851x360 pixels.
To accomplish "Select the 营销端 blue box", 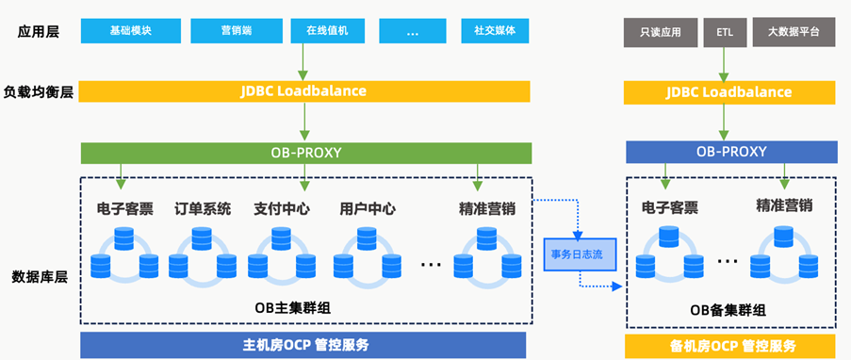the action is [x=237, y=31].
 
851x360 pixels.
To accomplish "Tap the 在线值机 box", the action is [x=327, y=31].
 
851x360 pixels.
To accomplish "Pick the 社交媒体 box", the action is [x=495, y=31].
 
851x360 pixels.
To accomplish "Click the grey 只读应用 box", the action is [x=661, y=33].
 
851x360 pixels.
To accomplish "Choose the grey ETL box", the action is [x=725, y=33].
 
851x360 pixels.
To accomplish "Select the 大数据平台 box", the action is [x=794, y=33].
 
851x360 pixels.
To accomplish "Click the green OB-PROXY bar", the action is [x=306, y=153].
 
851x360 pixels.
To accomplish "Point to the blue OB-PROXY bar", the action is [x=731, y=152].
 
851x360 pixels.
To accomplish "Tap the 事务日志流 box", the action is [x=581, y=254].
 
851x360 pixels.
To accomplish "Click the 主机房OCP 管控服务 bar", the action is [x=303, y=345].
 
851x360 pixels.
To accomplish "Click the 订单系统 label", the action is [x=203, y=209].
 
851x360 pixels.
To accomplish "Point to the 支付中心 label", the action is [x=282, y=209].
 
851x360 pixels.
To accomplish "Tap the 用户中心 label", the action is [x=368, y=209].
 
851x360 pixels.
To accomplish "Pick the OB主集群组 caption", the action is [x=293, y=308].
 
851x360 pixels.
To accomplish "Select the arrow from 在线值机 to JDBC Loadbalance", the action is [x=303, y=62].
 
